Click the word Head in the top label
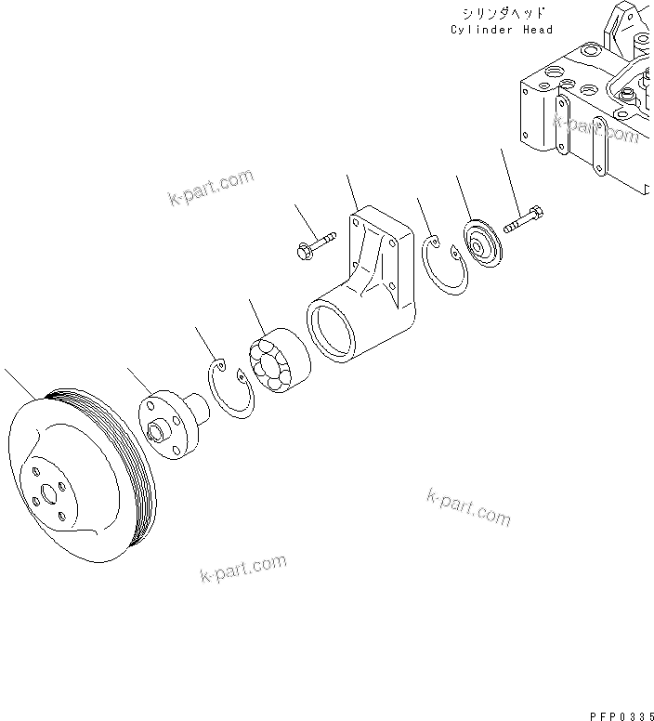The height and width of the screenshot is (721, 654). pyautogui.click(x=536, y=30)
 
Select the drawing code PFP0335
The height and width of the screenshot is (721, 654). pyautogui.click(x=621, y=715)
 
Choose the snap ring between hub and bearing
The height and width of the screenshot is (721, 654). pyautogui.click(x=229, y=389)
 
